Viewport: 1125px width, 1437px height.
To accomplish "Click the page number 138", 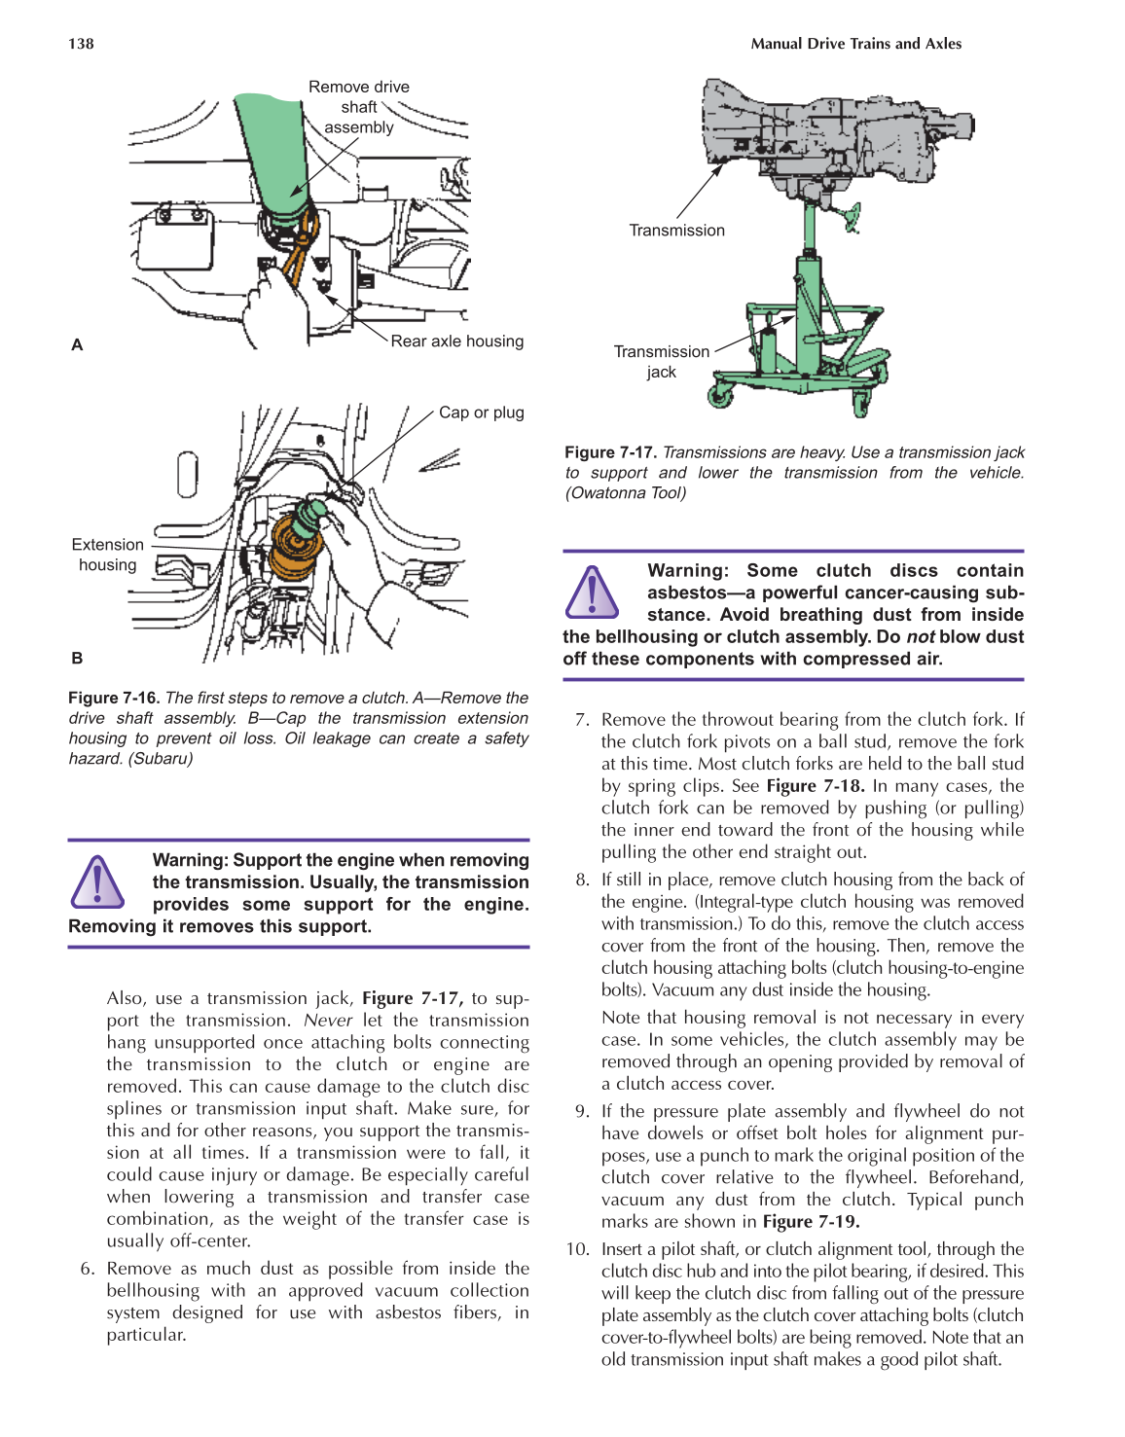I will point(81,44).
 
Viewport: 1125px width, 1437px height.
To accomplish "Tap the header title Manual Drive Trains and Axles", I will point(855,44).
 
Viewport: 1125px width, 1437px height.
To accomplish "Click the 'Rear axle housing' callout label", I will point(456,341).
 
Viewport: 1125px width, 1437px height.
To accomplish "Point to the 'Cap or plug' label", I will point(481,413).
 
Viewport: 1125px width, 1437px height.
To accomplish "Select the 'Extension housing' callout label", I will point(107,555).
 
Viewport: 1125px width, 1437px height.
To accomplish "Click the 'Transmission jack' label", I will point(661,361).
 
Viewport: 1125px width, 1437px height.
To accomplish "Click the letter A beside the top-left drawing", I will point(77,344).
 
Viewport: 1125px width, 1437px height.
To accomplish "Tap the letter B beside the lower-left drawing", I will point(77,658).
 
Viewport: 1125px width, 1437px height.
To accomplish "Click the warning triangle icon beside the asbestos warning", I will point(592,592).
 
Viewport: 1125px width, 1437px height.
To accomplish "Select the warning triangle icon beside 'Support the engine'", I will point(97,881).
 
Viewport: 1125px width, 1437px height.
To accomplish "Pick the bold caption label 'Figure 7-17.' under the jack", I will point(610,452).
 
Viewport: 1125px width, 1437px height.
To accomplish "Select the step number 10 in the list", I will point(577,1249).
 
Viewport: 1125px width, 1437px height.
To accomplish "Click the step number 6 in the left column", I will point(88,1269).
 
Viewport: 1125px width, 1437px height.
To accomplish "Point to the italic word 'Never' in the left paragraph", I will point(328,1021).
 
